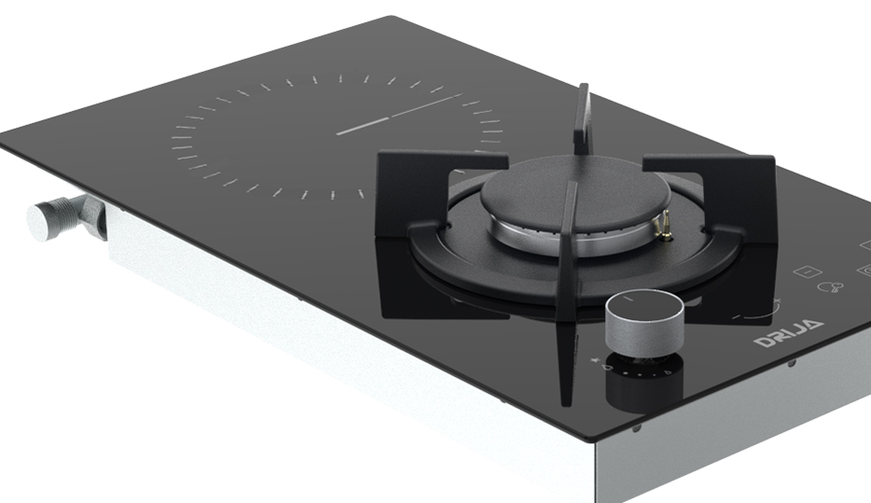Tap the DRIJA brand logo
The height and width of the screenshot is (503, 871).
click(789, 331)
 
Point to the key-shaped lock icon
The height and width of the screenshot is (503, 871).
click(831, 286)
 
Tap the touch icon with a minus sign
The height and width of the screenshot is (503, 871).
click(807, 272)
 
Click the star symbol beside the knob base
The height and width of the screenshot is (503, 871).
click(595, 360)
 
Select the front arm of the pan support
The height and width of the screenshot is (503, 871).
click(568, 295)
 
